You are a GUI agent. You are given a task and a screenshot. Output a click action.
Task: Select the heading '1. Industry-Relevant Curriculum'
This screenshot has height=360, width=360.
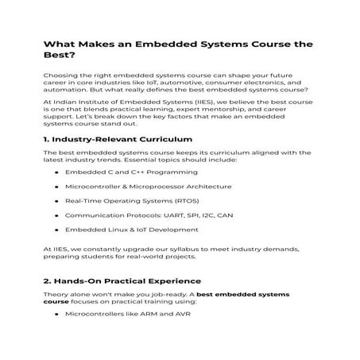(x=110, y=138)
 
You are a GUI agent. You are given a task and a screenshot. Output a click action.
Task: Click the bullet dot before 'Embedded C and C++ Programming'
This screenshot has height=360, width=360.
(x=56, y=171)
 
